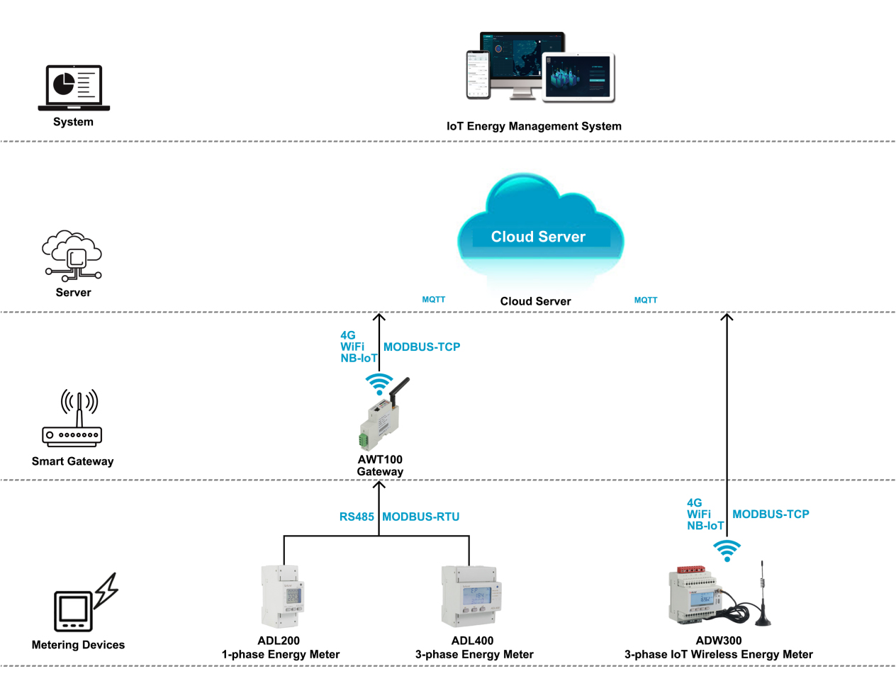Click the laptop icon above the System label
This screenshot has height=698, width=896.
tap(74, 88)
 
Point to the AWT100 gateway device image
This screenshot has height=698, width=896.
tap(381, 418)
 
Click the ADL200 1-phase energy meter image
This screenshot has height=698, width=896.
tap(282, 596)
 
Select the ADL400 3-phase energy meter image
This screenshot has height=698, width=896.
tap(471, 596)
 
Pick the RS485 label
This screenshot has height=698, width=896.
tap(356, 517)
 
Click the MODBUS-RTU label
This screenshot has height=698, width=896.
tap(420, 517)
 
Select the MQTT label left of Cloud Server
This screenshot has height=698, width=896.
tap(433, 300)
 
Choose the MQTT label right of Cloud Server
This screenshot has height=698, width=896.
tap(645, 300)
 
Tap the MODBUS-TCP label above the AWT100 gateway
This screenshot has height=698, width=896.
tap(422, 347)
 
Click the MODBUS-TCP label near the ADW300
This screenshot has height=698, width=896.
tap(771, 514)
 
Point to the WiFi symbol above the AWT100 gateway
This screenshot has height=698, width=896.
tap(379, 384)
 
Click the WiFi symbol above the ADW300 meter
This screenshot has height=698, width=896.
tap(727, 551)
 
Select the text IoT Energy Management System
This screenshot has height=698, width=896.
tap(534, 126)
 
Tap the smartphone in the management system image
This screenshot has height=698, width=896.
tap(478, 74)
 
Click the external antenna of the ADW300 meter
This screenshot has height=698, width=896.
tap(762, 595)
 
